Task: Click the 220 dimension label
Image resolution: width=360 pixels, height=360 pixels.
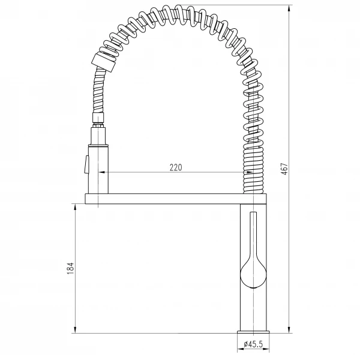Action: [x=176, y=167]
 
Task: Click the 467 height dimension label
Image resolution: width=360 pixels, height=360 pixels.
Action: [x=284, y=169]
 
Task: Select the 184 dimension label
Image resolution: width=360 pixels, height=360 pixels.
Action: [x=70, y=268]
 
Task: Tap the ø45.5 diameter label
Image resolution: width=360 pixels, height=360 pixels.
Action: [x=253, y=344]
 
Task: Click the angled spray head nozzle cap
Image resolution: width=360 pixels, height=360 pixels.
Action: [x=104, y=62]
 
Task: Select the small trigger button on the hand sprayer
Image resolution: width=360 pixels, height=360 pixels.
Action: [x=86, y=164]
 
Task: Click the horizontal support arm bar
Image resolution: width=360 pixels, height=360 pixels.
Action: [x=176, y=199]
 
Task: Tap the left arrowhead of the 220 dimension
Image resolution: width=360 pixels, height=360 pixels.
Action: [x=102, y=172]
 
